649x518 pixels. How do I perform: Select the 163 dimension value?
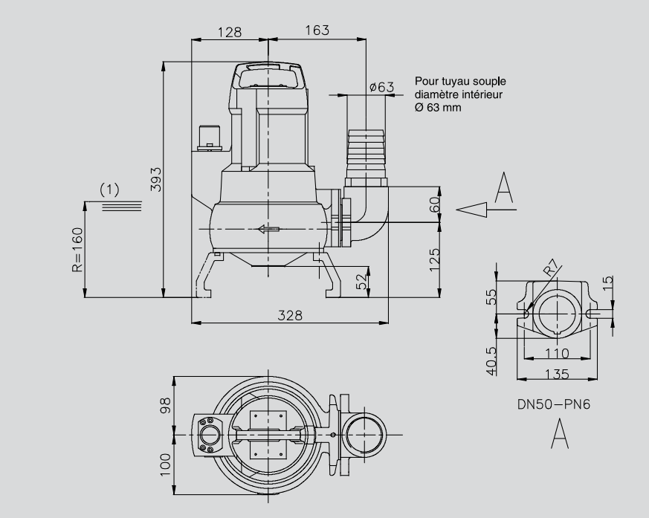(317, 30)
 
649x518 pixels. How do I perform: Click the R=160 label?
(77, 250)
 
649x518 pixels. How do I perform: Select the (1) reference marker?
(109, 190)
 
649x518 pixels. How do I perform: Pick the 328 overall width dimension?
(290, 315)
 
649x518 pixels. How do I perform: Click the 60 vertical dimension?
(435, 204)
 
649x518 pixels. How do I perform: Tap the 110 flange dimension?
(557, 352)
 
